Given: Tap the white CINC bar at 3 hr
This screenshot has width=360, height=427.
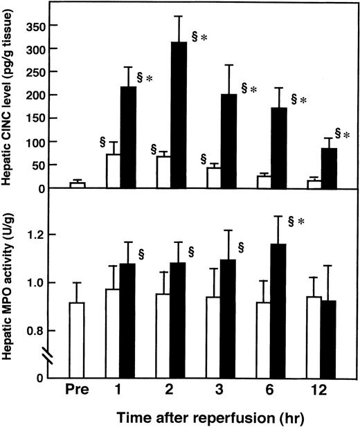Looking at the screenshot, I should click(x=213, y=178).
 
